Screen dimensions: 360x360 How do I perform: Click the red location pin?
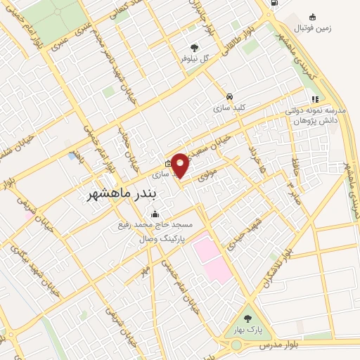click(x=181, y=165)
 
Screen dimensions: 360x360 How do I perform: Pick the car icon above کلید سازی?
click(x=229, y=97)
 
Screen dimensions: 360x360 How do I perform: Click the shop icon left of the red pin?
click(x=167, y=164)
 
